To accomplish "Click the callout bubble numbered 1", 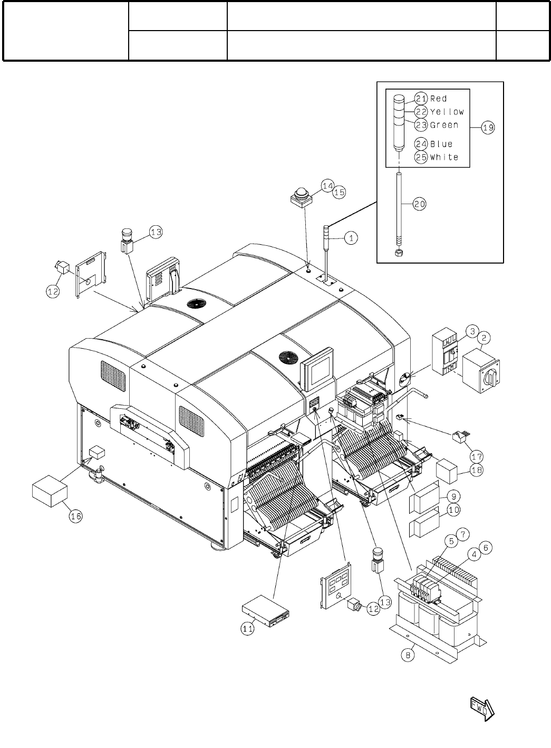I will point(352,238).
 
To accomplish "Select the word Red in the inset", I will point(439,99).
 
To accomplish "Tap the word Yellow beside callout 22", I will point(447,112).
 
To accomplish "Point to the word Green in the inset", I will point(444,126).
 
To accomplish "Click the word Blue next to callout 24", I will point(441,144).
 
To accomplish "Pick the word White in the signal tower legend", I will point(444,157).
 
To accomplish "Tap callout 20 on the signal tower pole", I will point(419,205).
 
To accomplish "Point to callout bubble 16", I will point(76,516).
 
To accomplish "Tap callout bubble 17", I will point(477,455).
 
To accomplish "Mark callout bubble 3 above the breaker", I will point(473,331).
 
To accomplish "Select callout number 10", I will point(453,510).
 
